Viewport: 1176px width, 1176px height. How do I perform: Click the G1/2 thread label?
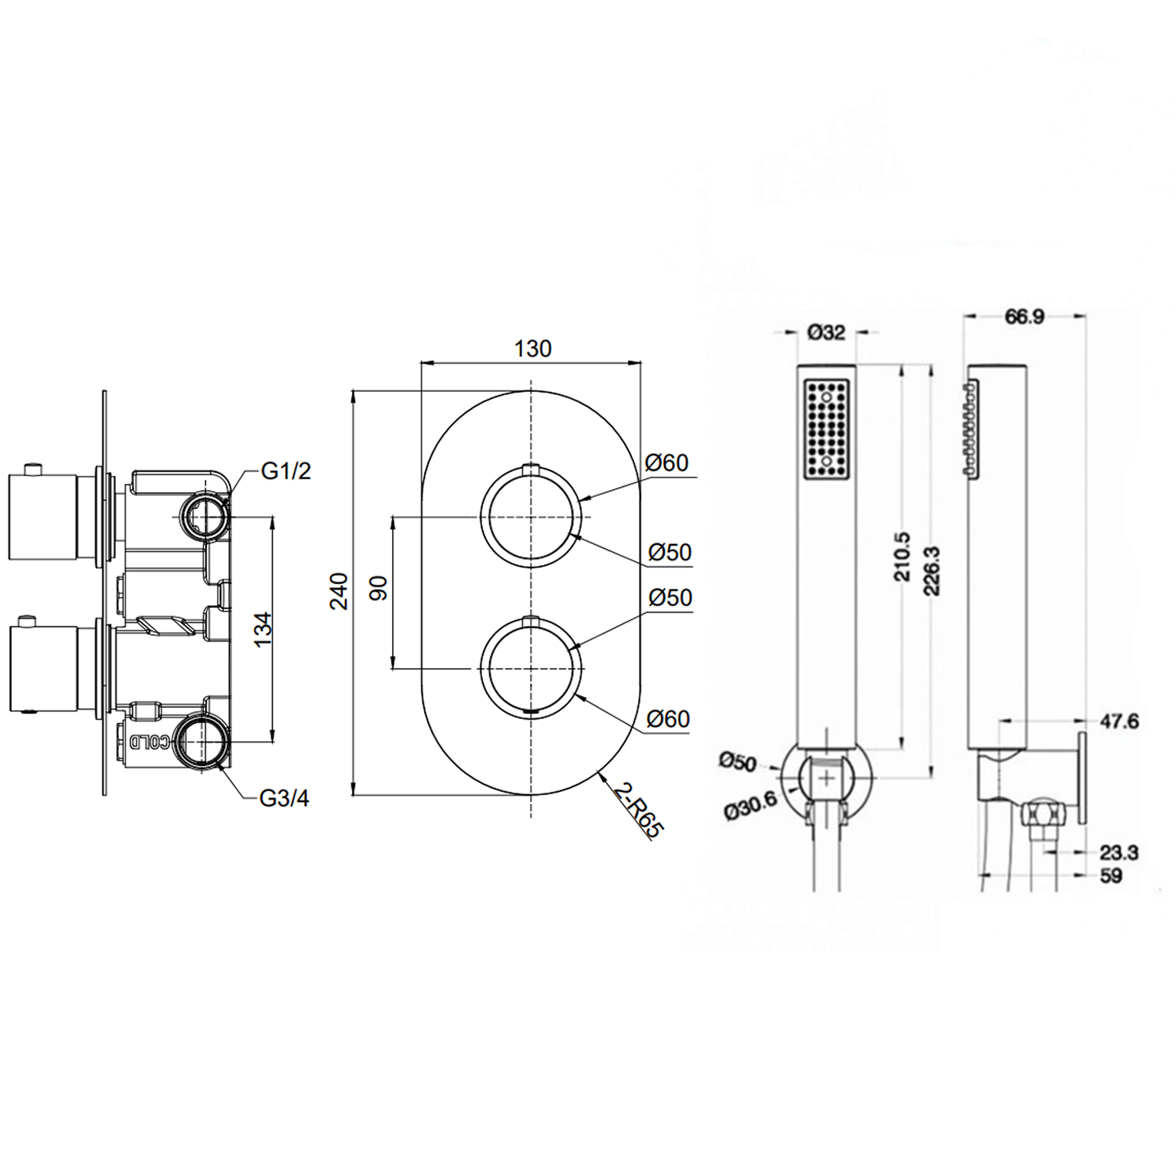tap(285, 471)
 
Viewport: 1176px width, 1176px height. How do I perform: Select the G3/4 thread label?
tap(284, 798)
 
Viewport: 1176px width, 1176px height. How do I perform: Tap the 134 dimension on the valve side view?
tap(263, 629)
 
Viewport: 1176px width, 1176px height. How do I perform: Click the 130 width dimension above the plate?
tap(532, 348)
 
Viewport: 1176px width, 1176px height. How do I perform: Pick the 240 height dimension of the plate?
tap(339, 592)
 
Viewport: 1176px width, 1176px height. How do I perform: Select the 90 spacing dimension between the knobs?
tap(379, 588)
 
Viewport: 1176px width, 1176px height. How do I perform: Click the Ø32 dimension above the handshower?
tap(826, 332)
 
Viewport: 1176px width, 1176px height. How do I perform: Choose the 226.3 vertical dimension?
tap(932, 571)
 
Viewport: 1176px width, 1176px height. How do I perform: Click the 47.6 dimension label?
tap(1119, 720)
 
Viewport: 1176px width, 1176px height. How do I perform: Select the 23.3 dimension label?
tap(1119, 852)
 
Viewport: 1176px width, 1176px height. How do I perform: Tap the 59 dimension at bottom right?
tap(1111, 876)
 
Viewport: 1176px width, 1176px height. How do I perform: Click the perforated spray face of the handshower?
tap(826, 427)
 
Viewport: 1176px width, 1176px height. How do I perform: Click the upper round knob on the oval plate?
tap(532, 517)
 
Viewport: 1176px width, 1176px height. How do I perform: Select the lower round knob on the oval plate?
tap(532, 668)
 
